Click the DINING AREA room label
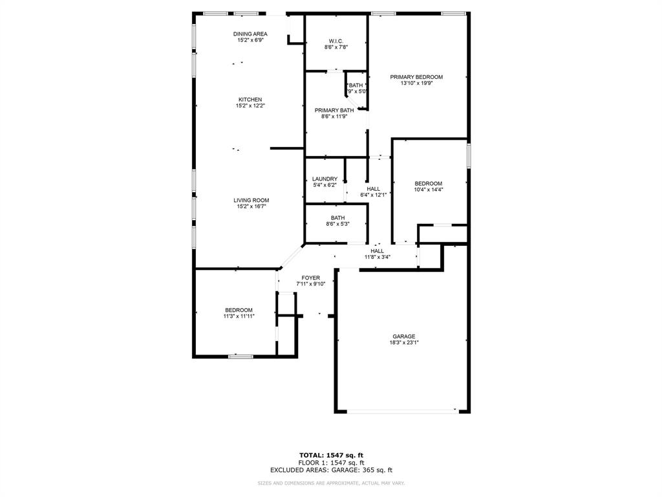pos(250,34)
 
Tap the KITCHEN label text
pos(250,99)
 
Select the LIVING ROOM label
pos(251,200)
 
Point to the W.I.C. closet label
pos(336,41)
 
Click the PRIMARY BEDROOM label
pos(416,76)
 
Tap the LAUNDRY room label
pos(324,179)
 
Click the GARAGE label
pos(403,336)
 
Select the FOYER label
pos(310,278)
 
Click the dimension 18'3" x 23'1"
pos(403,342)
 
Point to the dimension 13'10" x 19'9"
pos(416,83)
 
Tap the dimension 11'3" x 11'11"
pos(239,316)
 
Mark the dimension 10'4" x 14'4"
pos(428,190)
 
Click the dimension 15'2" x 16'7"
pos(251,206)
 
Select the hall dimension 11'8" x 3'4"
pos(377,257)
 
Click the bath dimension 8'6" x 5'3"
pos(337,224)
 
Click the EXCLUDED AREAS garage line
pos(331,470)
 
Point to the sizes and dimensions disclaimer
pos(331,483)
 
